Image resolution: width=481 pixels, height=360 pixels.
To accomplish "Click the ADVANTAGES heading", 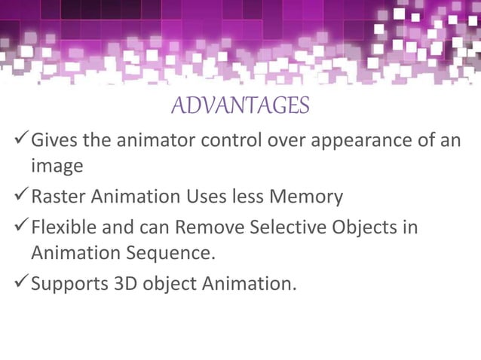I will (240, 106).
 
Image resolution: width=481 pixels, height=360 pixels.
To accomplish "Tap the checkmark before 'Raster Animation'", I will (21, 197).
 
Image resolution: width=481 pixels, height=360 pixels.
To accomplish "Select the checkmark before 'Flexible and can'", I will (21, 226).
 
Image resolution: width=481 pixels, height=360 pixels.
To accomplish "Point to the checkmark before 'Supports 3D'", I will (21, 284).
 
